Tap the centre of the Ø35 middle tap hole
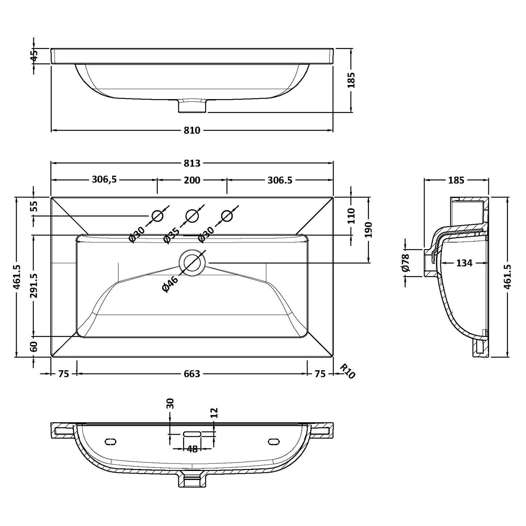click(x=192, y=216)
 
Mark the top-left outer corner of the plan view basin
click(x=51, y=197)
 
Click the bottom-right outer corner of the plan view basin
click(x=333, y=357)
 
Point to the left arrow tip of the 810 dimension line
click(x=51, y=130)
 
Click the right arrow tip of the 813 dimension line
click(x=333, y=163)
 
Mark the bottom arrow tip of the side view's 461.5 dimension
click(x=508, y=357)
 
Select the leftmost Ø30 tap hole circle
click(x=157, y=216)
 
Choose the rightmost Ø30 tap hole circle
click(x=227, y=216)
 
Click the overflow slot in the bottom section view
click(x=192, y=434)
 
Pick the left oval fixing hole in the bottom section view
click(x=111, y=442)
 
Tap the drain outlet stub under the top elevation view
click(x=192, y=106)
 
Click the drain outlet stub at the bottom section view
click(x=192, y=480)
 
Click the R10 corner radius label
click(x=347, y=371)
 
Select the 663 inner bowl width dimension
click(x=192, y=374)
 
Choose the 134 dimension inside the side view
click(x=464, y=263)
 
